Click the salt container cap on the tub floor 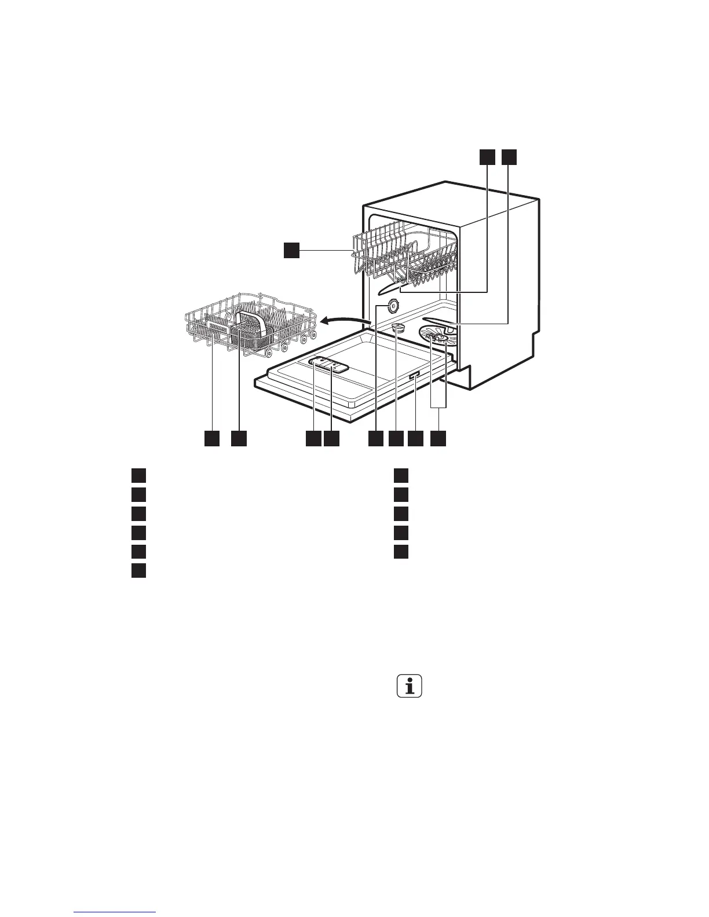click(400, 329)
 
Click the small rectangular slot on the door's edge click(415, 377)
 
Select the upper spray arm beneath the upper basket click(400, 287)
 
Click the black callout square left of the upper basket click(291, 250)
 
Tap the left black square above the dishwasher click(487, 156)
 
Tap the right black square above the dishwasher click(509, 156)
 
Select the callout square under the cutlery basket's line click(239, 438)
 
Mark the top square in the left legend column click(137, 475)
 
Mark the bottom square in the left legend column click(137, 570)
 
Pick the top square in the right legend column click(401, 475)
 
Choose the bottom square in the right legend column click(401, 551)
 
